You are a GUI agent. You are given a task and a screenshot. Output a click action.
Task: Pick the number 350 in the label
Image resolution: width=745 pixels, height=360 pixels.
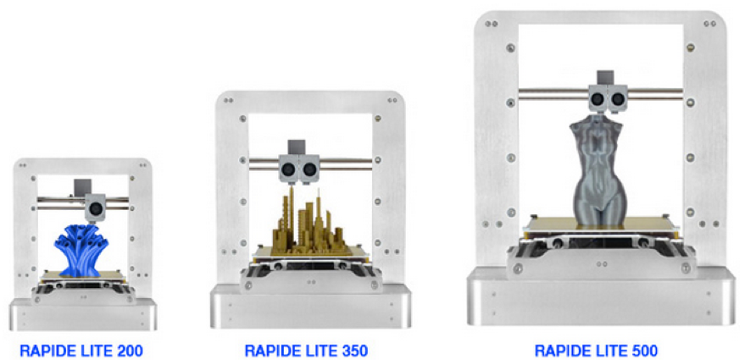pyautogui.click(x=354, y=351)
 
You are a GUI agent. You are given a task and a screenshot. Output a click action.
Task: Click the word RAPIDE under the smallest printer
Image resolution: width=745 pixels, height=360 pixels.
pyautogui.click(x=46, y=351)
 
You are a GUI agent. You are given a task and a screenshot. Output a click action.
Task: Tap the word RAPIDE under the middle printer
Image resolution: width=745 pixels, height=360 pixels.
pyautogui.click(x=271, y=351)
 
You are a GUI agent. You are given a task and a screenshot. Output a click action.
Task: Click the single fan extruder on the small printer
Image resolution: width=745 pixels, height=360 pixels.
pyautogui.click(x=95, y=208)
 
